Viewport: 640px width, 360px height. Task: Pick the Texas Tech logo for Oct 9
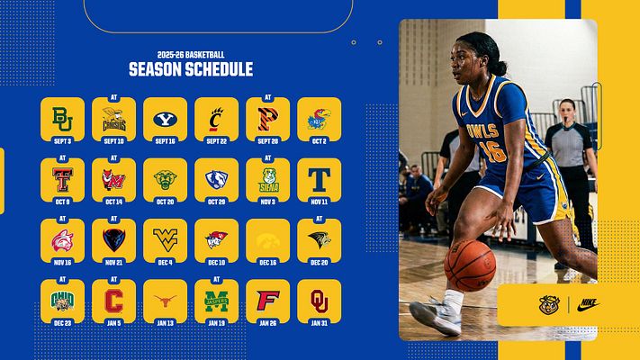(x=62, y=178)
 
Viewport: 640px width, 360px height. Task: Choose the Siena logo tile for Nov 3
(x=267, y=178)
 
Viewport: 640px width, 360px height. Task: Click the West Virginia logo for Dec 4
(x=165, y=238)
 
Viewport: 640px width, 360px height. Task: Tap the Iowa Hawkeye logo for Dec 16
(x=267, y=238)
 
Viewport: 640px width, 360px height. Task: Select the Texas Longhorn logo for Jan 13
(x=165, y=299)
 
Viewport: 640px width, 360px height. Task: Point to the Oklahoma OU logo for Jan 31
(x=319, y=299)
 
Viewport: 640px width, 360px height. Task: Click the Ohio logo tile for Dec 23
(x=62, y=299)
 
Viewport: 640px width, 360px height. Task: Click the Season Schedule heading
(x=190, y=69)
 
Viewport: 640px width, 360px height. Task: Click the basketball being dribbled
(x=469, y=265)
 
